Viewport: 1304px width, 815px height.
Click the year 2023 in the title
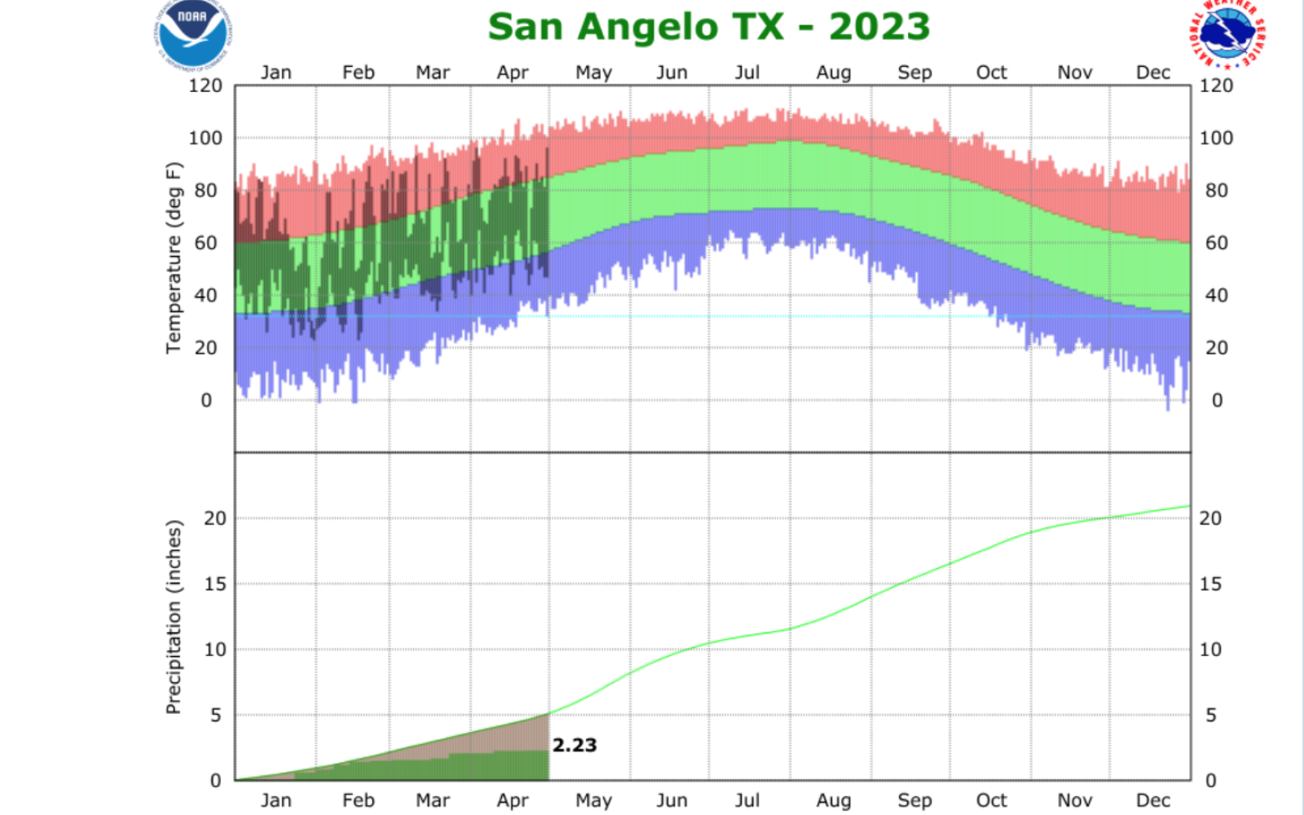coord(879,27)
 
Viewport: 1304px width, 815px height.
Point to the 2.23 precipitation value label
coord(575,745)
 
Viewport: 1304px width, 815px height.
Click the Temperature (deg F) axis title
coord(173,258)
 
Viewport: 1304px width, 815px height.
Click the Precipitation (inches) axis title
coord(173,617)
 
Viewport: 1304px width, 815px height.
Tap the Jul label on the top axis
coord(747,73)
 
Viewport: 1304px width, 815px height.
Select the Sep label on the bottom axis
coord(914,800)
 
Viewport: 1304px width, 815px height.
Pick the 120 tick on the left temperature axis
coord(205,86)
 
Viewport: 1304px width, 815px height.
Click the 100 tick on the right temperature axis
coord(1216,138)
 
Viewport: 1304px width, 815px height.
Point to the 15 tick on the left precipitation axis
coord(214,584)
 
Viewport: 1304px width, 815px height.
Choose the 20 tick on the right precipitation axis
coord(1210,518)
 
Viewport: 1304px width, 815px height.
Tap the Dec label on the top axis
coord(1152,73)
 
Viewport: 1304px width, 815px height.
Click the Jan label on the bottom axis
coord(275,800)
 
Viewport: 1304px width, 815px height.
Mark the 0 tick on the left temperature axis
coord(206,400)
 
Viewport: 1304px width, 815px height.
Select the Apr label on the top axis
coord(513,73)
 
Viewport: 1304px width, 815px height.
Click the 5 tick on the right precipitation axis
coord(1210,715)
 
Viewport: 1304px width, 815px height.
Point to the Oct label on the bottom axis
coord(991,800)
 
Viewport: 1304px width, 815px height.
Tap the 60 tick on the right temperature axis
coord(1216,243)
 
